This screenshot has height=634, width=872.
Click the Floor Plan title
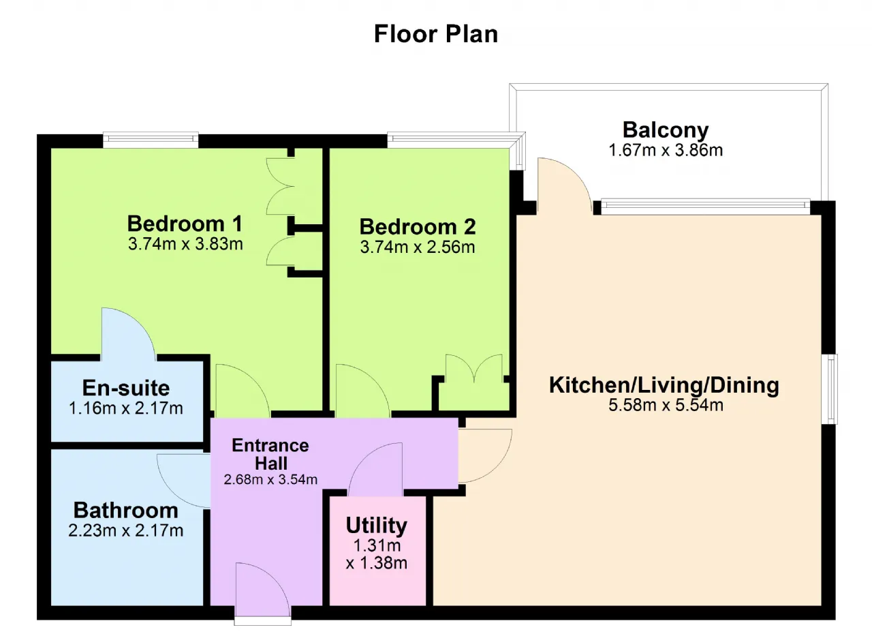pos(436,34)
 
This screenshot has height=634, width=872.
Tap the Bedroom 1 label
pos(185,224)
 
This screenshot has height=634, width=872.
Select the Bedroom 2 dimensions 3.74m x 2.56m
pos(418,247)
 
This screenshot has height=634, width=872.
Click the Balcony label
pos(666,130)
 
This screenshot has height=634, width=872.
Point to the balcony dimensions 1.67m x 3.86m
pos(666,150)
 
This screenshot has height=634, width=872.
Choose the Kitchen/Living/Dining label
pos(664,385)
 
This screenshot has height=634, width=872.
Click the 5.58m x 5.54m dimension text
pos(666,405)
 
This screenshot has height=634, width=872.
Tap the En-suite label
pos(126,388)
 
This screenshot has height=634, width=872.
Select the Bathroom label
pos(126,510)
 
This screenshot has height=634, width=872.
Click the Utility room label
pos(377,526)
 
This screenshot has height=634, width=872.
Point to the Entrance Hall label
pos(270,455)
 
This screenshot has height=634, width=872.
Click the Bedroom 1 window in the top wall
pos(151,140)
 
